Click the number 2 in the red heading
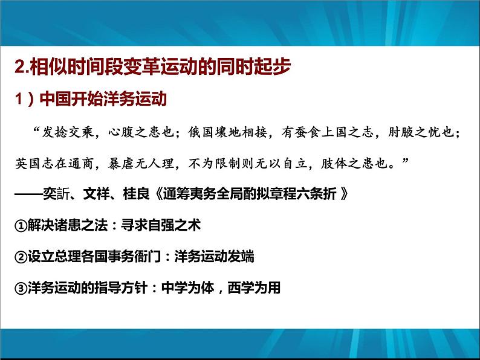18,68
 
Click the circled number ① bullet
19,225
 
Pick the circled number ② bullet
19,257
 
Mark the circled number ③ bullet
19,288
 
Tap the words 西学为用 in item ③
255,288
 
